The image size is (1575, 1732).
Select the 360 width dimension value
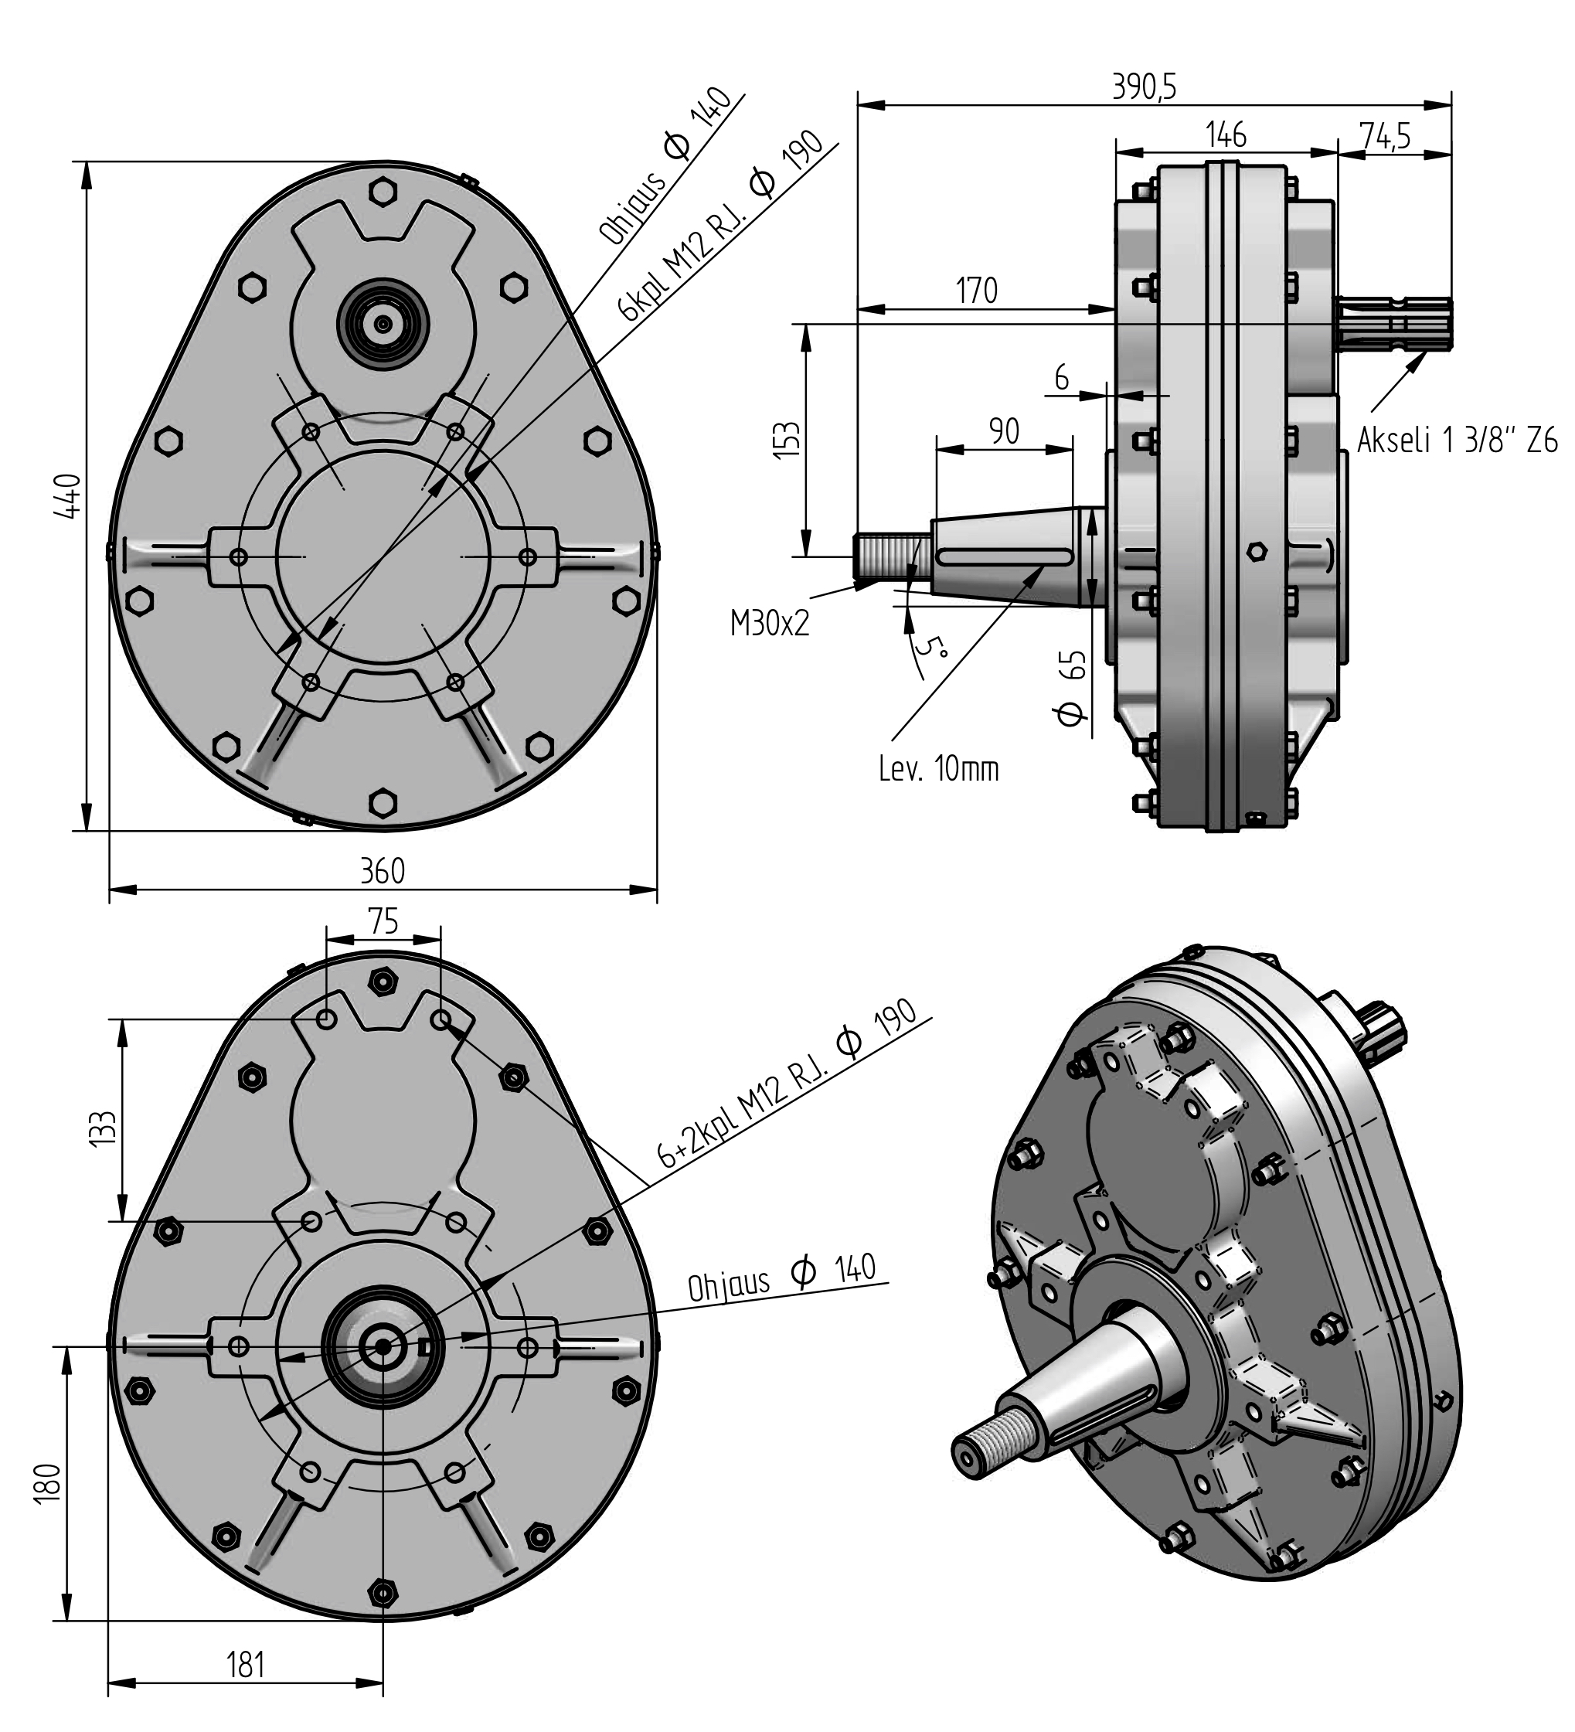pyautogui.click(x=383, y=871)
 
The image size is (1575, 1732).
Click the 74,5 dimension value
pyautogui.click(x=1384, y=136)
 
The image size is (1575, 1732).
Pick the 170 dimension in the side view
pyautogui.click(x=977, y=291)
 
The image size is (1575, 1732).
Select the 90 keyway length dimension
pyautogui.click(x=1004, y=430)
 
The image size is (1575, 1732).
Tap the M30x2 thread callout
pyautogui.click(x=770, y=623)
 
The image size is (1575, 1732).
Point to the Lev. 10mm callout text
pyautogui.click(x=939, y=768)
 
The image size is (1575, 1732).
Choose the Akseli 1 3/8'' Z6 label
pyautogui.click(x=1458, y=441)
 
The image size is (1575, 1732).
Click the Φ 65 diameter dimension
pyautogui.click(x=1073, y=687)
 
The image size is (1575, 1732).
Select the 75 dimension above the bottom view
pyautogui.click(x=383, y=921)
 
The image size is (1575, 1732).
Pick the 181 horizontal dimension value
pyautogui.click(x=245, y=1665)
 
